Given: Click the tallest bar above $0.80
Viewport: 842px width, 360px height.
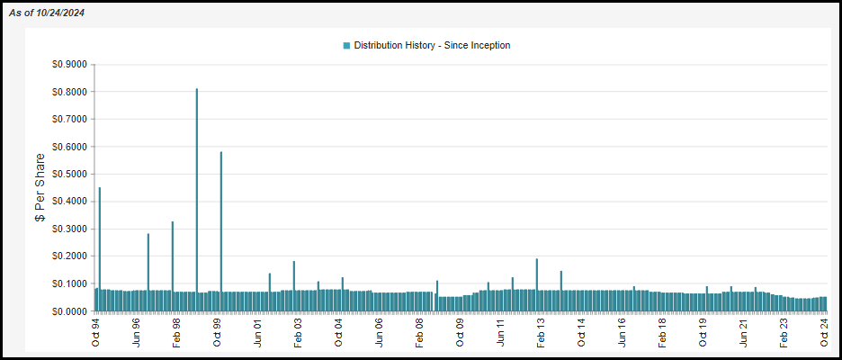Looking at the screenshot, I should click(197, 198).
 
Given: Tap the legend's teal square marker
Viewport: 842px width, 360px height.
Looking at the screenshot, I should click(346, 45).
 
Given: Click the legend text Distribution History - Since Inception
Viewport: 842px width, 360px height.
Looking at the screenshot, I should click(432, 45).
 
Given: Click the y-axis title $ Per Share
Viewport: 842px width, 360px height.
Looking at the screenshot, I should click(40, 187).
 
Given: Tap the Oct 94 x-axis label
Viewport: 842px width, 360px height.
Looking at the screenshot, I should click(95, 328).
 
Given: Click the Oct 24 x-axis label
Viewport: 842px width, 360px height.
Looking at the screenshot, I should click(824, 328).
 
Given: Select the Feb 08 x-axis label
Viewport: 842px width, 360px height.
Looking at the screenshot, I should click(419, 328).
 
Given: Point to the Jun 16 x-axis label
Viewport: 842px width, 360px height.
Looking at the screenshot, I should click(622, 328).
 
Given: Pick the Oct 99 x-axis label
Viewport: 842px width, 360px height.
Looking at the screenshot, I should click(217, 328).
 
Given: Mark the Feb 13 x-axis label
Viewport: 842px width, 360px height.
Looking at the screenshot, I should click(541, 328).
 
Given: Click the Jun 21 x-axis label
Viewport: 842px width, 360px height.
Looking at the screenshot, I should click(743, 328).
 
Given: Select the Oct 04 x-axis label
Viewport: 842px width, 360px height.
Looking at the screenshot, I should click(338, 328).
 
